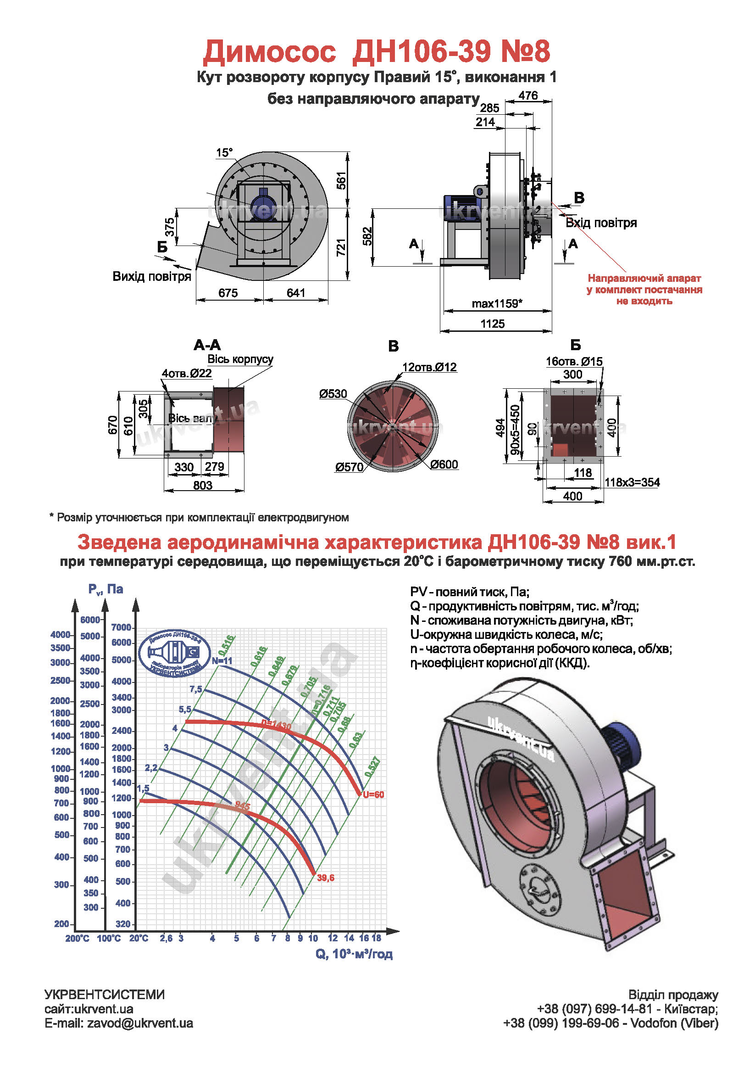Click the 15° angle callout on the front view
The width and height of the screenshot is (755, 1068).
point(224,152)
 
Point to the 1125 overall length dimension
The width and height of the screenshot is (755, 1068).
point(492,324)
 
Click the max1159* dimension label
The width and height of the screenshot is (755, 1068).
point(497,304)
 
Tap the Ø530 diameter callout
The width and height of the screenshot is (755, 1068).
point(333,394)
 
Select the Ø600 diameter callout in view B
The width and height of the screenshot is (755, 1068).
point(444,464)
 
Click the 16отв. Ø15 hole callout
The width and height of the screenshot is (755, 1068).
point(574,361)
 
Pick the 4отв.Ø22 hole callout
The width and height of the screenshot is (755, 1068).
point(186,373)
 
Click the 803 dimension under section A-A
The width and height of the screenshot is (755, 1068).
point(203,485)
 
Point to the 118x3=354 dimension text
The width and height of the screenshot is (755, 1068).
point(632,482)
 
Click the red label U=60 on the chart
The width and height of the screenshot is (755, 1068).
point(373,794)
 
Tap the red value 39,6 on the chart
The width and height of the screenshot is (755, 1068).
point(325,878)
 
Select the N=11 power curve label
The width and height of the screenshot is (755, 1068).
point(222,660)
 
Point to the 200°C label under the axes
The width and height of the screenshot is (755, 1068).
point(77,938)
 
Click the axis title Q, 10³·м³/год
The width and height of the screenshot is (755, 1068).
point(354,954)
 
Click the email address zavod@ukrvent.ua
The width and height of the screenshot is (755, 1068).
point(140,1023)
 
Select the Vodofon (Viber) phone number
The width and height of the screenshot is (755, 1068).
point(611,1023)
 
